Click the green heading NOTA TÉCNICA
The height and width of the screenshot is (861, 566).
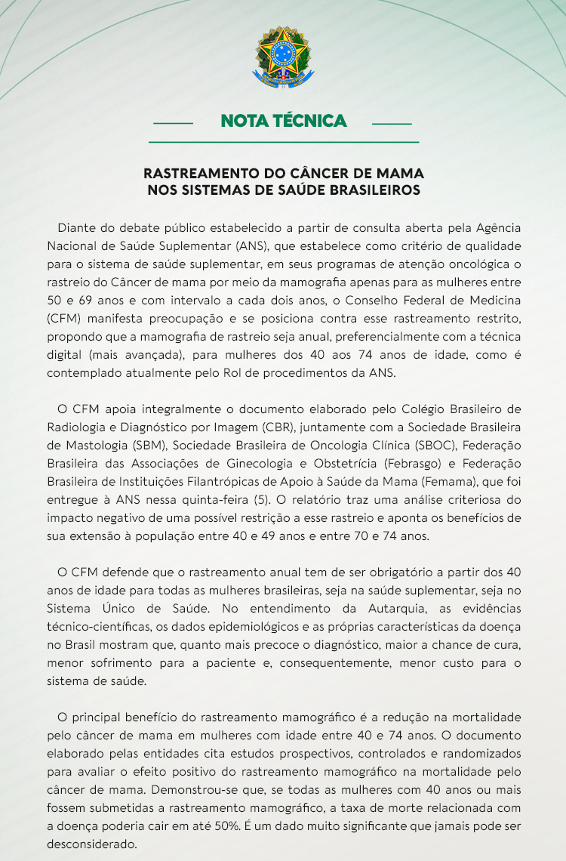point(283,121)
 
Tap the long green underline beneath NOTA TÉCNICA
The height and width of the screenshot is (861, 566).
point(283,142)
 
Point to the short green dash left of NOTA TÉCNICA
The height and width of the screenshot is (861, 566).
point(173,122)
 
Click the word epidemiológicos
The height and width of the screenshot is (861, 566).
point(262,627)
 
